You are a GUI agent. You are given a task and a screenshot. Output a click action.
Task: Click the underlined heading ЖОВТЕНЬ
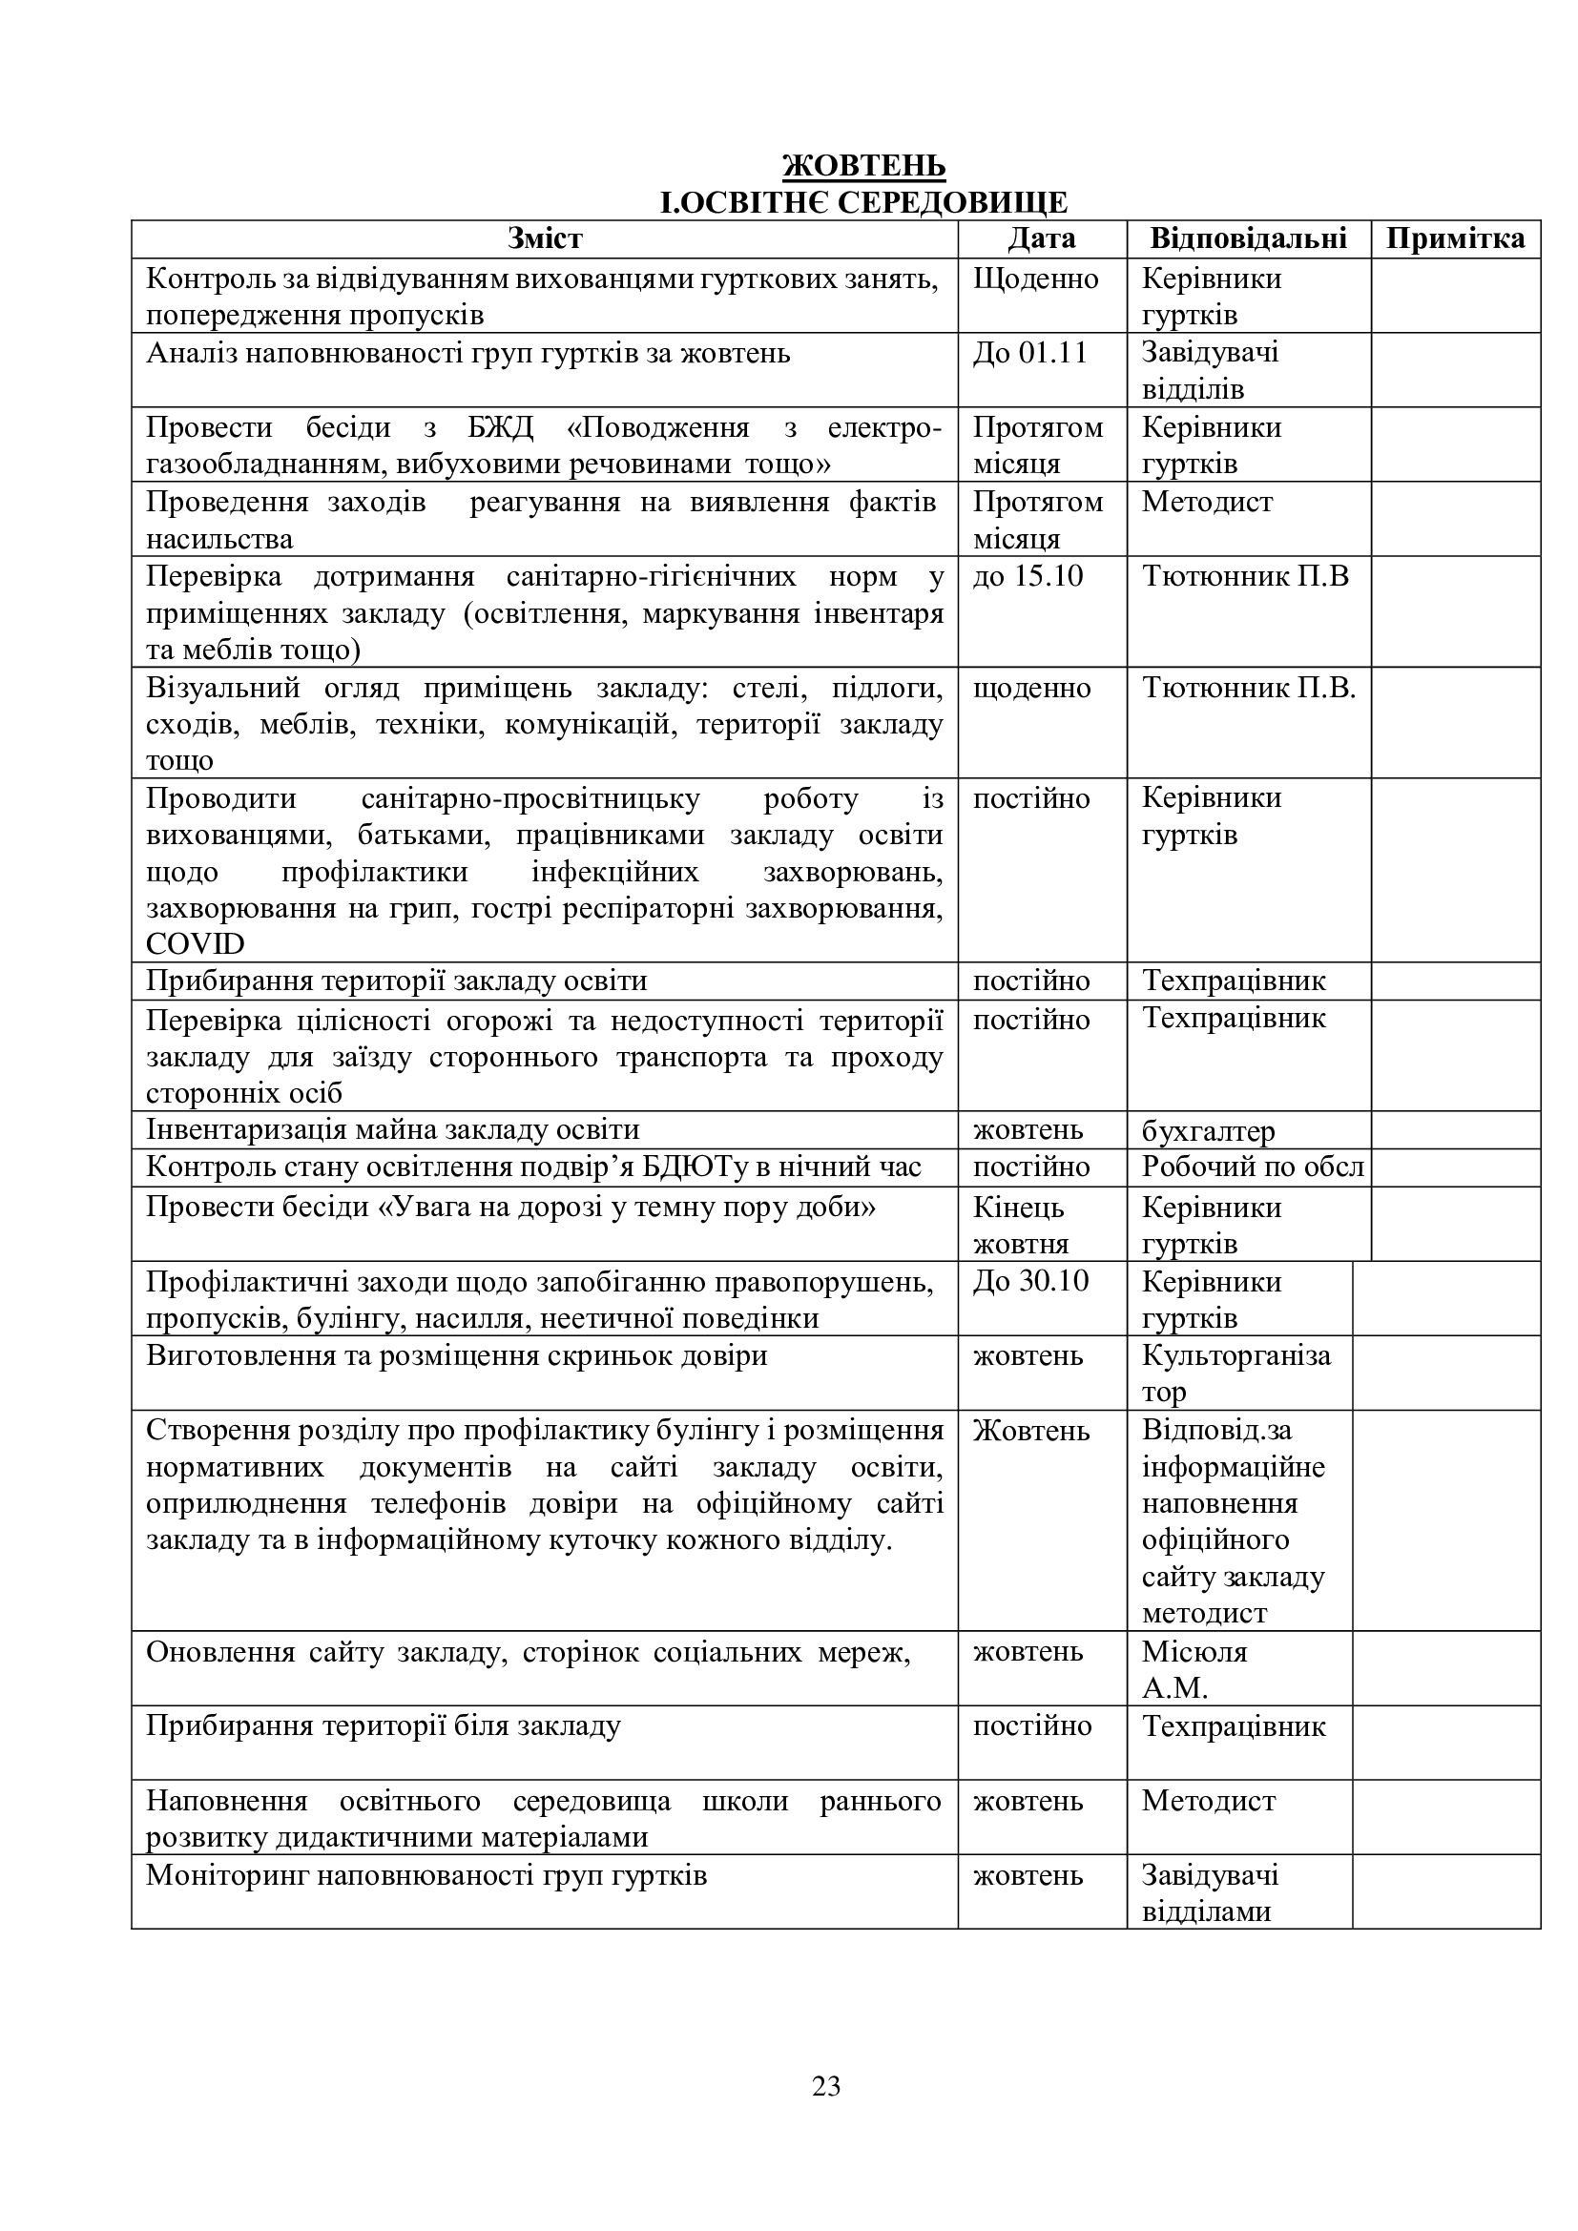[863, 165]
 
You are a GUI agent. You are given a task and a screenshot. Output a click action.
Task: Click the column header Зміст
[544, 239]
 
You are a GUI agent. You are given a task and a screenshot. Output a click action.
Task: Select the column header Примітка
[1455, 239]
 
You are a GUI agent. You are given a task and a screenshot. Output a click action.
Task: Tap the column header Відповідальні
[1248, 239]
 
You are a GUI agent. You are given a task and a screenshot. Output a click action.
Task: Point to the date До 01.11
[1029, 353]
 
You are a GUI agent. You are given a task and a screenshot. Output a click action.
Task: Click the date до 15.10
[1028, 576]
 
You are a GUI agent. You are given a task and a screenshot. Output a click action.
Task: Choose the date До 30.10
[1030, 1282]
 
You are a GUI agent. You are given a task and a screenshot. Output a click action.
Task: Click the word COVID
[196, 943]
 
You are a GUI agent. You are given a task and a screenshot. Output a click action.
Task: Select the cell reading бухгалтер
[1208, 1131]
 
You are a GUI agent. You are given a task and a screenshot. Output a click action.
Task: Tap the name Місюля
[1194, 1652]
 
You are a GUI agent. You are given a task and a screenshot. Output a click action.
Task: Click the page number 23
[826, 2086]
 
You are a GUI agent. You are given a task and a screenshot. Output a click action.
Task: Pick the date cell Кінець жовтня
[1020, 1226]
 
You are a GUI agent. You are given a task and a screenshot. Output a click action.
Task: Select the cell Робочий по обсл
[1252, 1167]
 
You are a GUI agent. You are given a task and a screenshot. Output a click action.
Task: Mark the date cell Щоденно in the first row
[1035, 279]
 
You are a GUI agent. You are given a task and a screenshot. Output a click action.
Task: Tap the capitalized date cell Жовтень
[1031, 1432]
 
